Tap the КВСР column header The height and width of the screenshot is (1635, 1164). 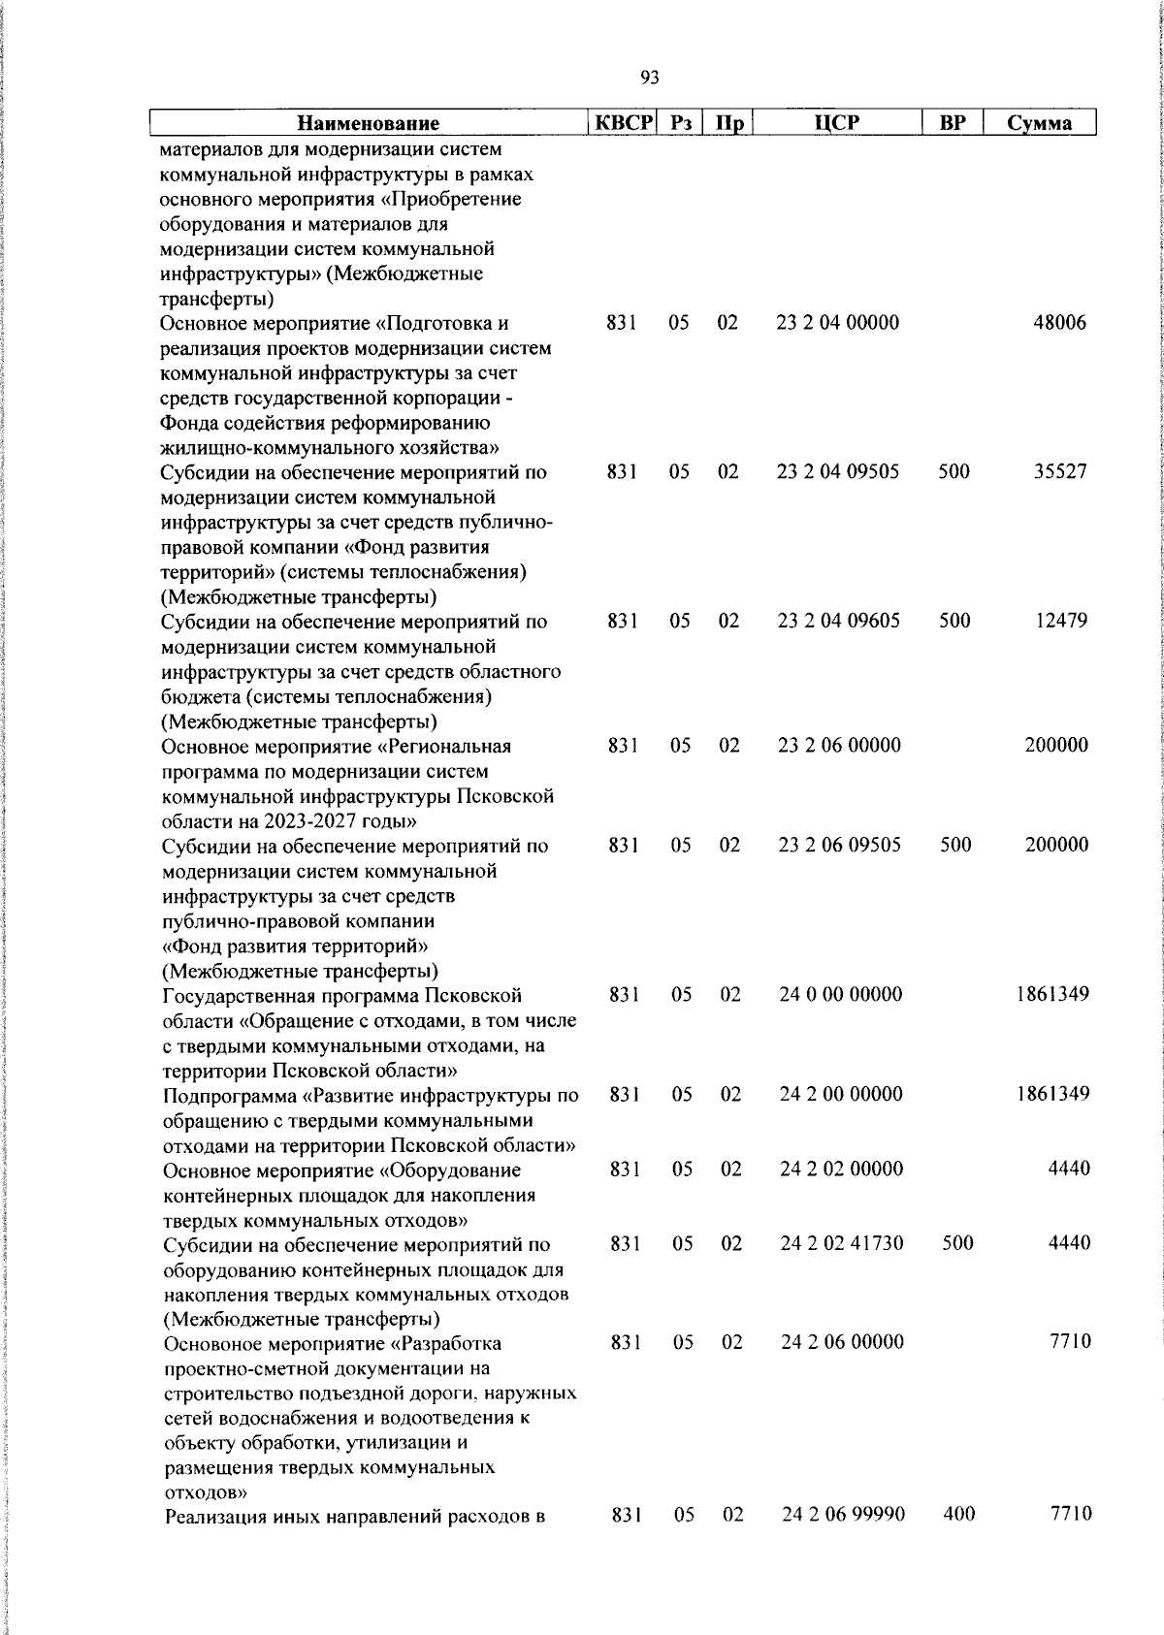pyautogui.click(x=624, y=123)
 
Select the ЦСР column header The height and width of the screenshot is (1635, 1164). pyautogui.click(x=837, y=123)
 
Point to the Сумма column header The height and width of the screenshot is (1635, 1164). pyautogui.click(x=1039, y=123)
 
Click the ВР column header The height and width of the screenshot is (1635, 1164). pyautogui.click(x=953, y=123)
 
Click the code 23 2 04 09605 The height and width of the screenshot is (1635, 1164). pyautogui.click(x=839, y=621)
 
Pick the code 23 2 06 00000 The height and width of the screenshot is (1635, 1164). pyautogui.click(x=839, y=746)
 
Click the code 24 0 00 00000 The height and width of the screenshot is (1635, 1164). pyautogui.click(x=841, y=994)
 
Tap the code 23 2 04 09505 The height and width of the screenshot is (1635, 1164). pyautogui.click(x=838, y=472)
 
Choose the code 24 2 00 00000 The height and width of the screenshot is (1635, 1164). pyautogui.click(x=841, y=1094)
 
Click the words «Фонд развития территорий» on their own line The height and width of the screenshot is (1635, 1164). pyautogui.click(x=296, y=946)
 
